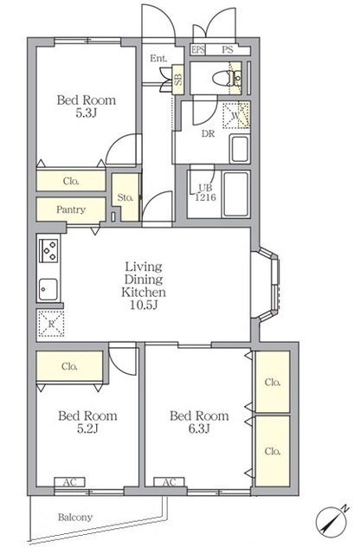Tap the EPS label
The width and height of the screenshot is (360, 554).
tap(198, 50)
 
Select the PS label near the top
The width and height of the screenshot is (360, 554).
tap(228, 50)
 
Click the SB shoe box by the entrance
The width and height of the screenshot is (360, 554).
tap(178, 80)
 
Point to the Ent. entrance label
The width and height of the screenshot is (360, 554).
tap(158, 58)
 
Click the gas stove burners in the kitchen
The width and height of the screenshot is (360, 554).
tap(48, 250)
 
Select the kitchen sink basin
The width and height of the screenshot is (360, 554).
tap(48, 289)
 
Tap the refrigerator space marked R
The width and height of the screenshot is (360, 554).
tap(51, 324)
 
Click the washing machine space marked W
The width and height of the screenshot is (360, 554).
tap(236, 115)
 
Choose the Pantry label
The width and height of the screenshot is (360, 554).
tap(71, 209)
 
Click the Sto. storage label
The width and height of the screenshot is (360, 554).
tap(125, 197)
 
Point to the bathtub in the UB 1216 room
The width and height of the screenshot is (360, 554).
tap(235, 194)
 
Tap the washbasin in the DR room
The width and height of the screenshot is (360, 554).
tap(239, 149)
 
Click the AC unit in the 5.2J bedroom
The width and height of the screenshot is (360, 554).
tap(69, 482)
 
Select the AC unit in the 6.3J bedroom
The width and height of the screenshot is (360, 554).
tap(170, 482)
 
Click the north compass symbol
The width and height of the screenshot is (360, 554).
tap(331, 520)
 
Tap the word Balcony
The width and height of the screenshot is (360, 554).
tap(75, 518)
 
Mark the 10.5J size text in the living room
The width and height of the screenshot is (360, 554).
tap(144, 305)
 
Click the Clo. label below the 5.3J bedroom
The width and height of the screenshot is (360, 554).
tap(71, 181)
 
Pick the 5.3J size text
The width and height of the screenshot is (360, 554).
tap(87, 113)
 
